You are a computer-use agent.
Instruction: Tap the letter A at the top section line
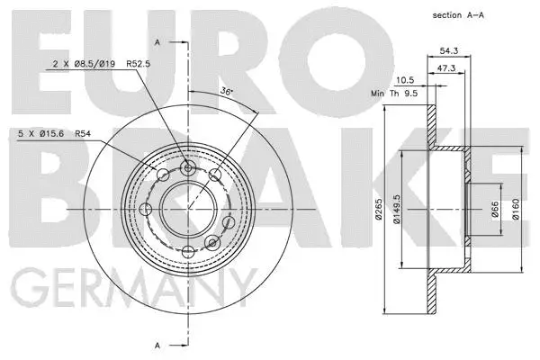pos(159,42)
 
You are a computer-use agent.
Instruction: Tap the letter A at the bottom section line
pos(159,345)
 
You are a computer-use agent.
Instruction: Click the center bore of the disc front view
pos(187,209)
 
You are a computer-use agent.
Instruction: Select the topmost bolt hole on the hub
pos(187,167)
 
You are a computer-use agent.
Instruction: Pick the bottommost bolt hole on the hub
pos(187,251)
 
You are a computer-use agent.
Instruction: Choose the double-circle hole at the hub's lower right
pos(212,243)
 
